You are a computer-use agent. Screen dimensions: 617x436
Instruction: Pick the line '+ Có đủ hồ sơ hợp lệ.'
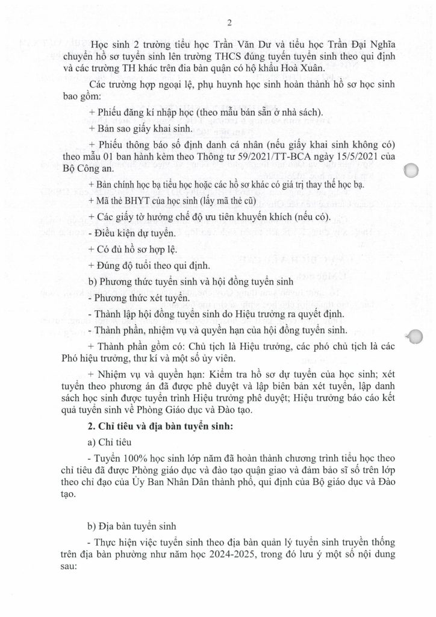point(129,248)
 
